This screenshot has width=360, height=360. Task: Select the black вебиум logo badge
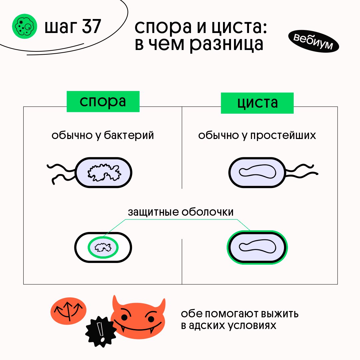(x=313, y=42)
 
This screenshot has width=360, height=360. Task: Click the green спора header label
(x=103, y=101)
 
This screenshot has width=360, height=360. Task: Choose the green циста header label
(x=257, y=103)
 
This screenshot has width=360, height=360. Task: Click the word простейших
(x=283, y=136)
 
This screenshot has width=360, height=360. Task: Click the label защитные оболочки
(x=181, y=212)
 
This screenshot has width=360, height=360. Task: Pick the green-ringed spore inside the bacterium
(x=103, y=247)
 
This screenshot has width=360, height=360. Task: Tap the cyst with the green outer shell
(x=257, y=247)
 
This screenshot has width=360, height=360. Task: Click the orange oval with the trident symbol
(x=68, y=310)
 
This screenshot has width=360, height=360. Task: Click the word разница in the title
(x=227, y=45)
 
